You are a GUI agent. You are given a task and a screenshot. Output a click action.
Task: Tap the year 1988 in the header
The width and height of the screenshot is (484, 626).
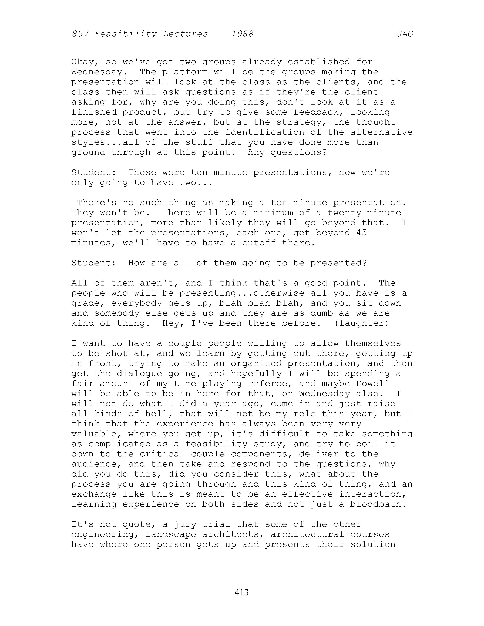(242, 34)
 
